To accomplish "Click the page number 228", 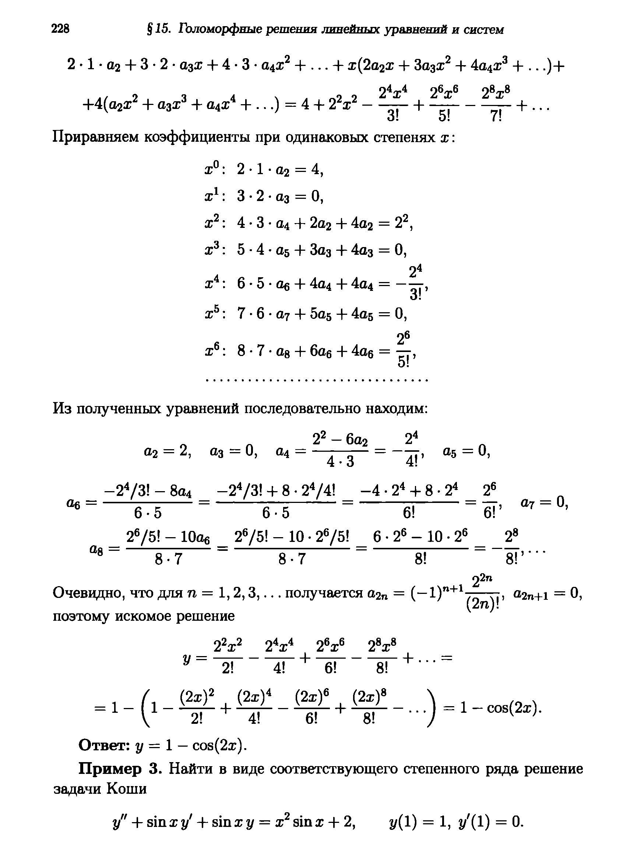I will point(61,29).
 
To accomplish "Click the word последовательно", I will point(303,408).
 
